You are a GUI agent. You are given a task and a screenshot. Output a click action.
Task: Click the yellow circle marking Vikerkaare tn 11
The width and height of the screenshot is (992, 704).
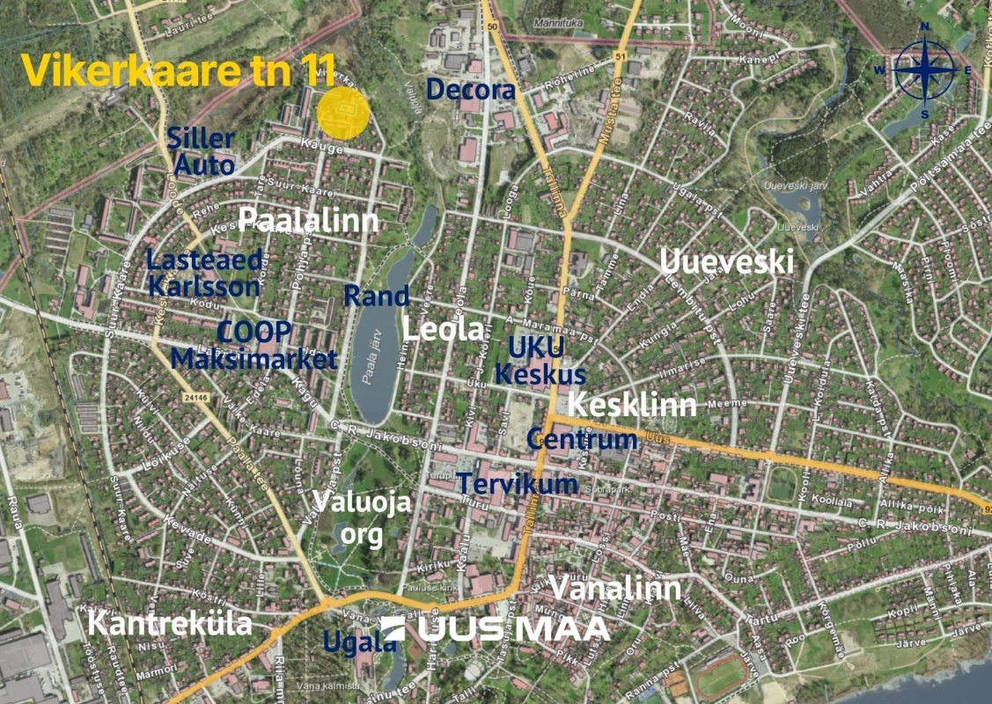[x=342, y=113]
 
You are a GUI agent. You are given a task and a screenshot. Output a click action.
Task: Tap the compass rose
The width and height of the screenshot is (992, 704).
[x=924, y=70]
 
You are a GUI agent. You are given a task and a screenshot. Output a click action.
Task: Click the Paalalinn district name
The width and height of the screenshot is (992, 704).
[x=308, y=220]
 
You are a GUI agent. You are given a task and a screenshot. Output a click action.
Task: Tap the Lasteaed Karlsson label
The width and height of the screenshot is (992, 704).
[x=203, y=273]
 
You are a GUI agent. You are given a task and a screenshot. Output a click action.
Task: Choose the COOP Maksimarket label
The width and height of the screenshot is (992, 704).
[x=254, y=345]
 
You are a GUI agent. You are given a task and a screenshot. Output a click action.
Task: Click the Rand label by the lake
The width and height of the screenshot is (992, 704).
[x=376, y=296]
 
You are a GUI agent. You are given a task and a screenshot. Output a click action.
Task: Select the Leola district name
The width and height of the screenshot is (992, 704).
[x=443, y=329]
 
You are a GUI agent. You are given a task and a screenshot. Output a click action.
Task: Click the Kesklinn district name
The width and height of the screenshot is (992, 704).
[x=632, y=405]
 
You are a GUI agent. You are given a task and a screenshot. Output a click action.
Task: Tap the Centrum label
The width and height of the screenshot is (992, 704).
[x=582, y=439]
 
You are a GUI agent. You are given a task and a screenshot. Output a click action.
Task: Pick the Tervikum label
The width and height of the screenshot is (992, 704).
[x=517, y=483]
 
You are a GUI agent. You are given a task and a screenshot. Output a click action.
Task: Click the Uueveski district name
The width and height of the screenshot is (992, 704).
[x=726, y=261]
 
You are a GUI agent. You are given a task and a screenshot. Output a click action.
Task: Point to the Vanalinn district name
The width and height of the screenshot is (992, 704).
[x=614, y=588]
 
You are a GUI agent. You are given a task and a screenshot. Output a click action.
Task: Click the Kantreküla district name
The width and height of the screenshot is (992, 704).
[x=171, y=625]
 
